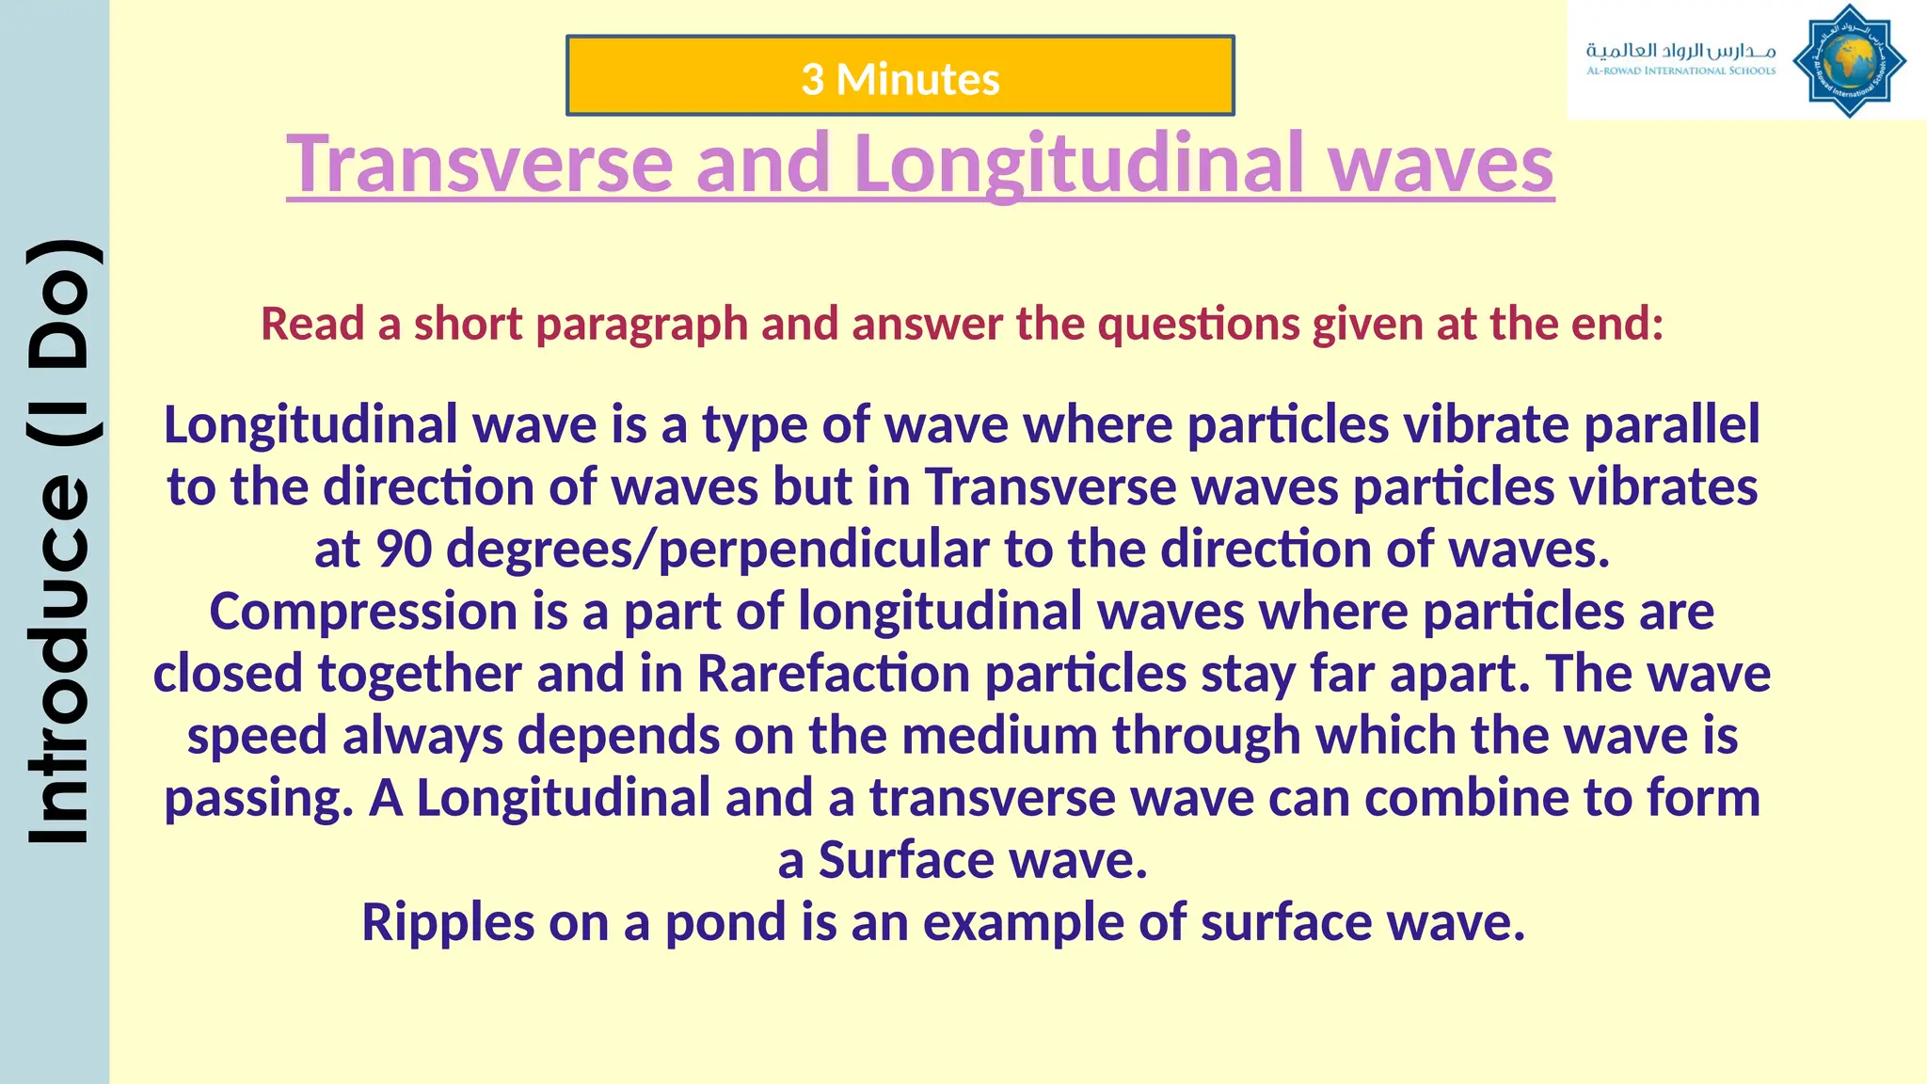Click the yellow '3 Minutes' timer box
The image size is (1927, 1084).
point(900,77)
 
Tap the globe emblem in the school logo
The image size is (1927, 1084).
point(1849,62)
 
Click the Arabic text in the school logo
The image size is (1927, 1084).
point(1680,50)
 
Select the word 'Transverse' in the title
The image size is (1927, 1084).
point(479,164)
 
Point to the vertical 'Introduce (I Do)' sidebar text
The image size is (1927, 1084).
point(58,542)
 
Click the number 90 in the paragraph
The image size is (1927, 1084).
point(404,549)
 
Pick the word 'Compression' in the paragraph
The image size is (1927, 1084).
point(362,612)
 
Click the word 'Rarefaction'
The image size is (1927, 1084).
point(833,674)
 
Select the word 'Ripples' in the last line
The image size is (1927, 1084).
point(447,922)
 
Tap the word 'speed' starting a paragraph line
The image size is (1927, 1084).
point(256,736)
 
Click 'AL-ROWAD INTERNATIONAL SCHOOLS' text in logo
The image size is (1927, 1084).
point(1680,71)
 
